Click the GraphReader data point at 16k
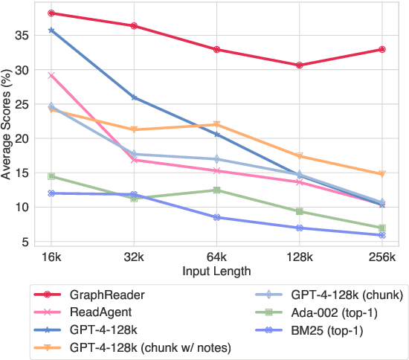(x=51, y=13)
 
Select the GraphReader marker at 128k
(x=299, y=65)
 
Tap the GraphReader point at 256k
(x=381, y=49)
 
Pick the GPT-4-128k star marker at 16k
(x=51, y=30)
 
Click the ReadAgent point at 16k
(x=51, y=75)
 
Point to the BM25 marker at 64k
(x=216, y=217)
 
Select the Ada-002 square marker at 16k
(x=51, y=176)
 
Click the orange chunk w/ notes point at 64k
(x=216, y=125)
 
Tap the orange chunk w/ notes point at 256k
(x=381, y=174)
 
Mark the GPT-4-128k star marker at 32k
(x=134, y=97)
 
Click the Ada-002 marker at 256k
(x=381, y=228)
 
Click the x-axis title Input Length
(x=216, y=271)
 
